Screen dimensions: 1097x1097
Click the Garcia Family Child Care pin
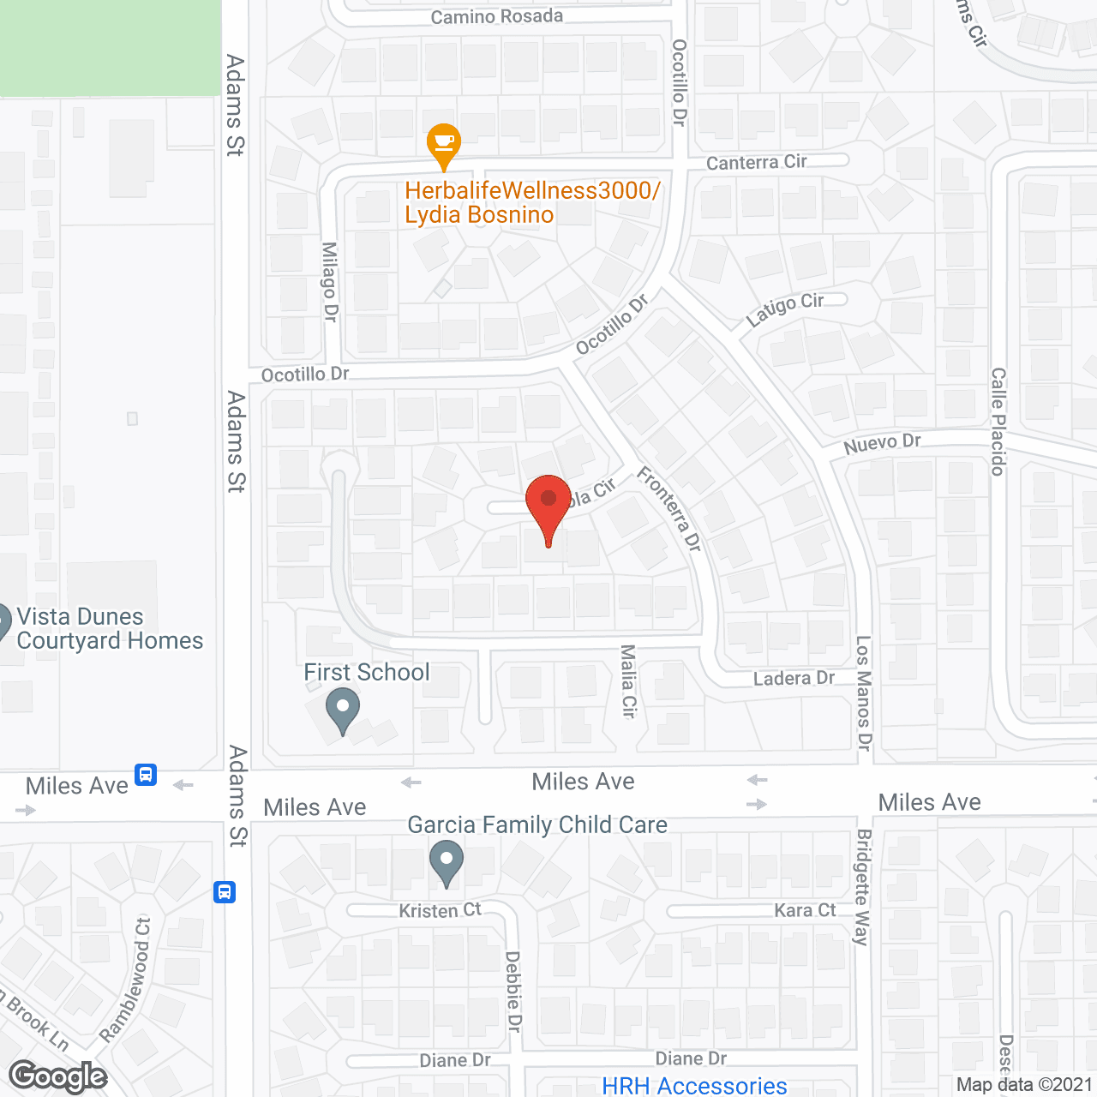[446, 861]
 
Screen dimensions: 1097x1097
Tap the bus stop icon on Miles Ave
[146, 775]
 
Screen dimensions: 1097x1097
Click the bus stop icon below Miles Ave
[225, 892]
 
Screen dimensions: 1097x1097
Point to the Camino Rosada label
[496, 16]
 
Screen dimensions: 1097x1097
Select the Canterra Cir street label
[756, 162]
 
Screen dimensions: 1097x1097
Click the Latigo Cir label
[784, 309]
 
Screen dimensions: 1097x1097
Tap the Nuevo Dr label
[882, 444]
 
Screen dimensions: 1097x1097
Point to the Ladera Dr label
[794, 679]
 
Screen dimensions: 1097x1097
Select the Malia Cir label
[629, 681]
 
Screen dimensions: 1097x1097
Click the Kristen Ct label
[440, 910]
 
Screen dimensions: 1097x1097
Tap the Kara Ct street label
[805, 910]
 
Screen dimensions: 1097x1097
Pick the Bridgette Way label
[863, 887]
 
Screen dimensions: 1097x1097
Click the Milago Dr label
[330, 281]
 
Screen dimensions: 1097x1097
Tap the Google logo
[58, 1077]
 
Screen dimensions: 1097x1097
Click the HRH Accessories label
[694, 1086]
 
